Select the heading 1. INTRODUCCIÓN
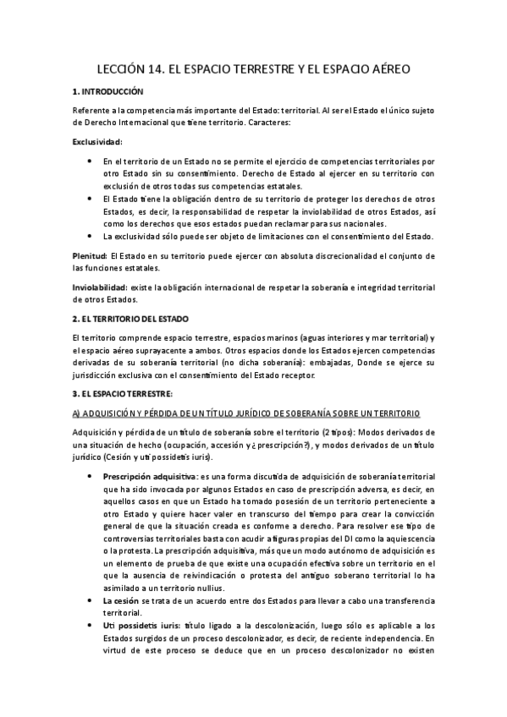coord(107,91)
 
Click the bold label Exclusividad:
coord(98,141)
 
